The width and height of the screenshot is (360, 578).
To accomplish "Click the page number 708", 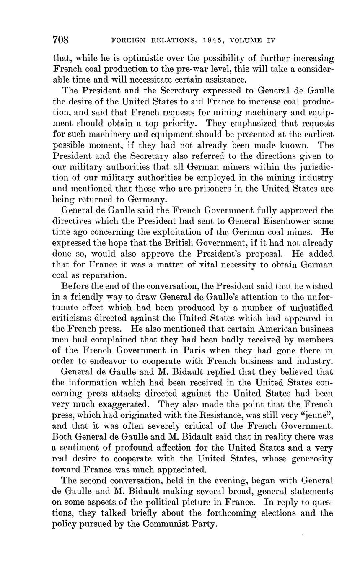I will tap(60, 40).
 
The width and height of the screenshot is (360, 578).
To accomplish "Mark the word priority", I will tap(179, 124).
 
